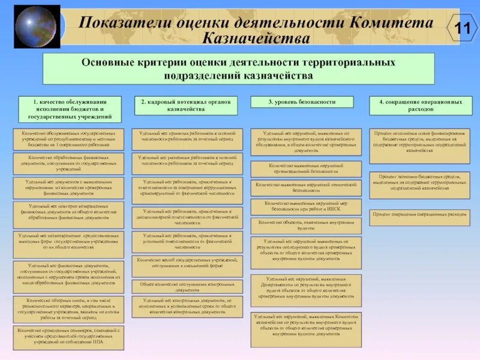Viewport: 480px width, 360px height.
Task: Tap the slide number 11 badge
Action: point(462,28)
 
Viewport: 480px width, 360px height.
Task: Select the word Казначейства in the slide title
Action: point(257,38)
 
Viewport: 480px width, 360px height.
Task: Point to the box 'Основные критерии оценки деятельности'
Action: point(238,68)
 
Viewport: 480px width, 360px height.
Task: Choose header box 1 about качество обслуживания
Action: point(70,109)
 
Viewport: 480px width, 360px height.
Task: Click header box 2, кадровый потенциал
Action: point(185,106)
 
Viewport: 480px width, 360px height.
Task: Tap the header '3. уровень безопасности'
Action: point(301,102)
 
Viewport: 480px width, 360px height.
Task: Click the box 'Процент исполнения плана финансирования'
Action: point(419,146)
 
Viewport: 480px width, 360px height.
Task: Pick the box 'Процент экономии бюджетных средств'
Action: point(419,181)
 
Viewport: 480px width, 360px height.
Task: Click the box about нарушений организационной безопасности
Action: point(306,169)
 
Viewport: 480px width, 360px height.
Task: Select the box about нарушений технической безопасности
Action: point(306,188)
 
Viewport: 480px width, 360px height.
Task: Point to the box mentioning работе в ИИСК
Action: point(306,206)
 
